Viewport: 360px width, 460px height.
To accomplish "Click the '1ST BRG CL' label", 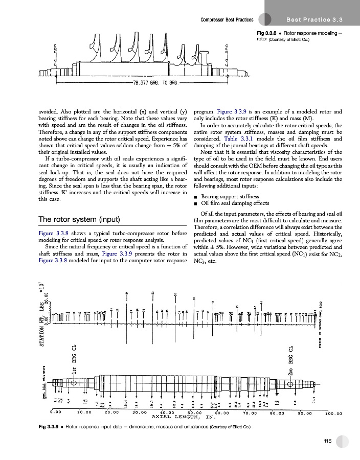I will point(75,358).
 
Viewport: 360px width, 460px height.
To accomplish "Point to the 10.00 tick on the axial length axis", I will point(84,411).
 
